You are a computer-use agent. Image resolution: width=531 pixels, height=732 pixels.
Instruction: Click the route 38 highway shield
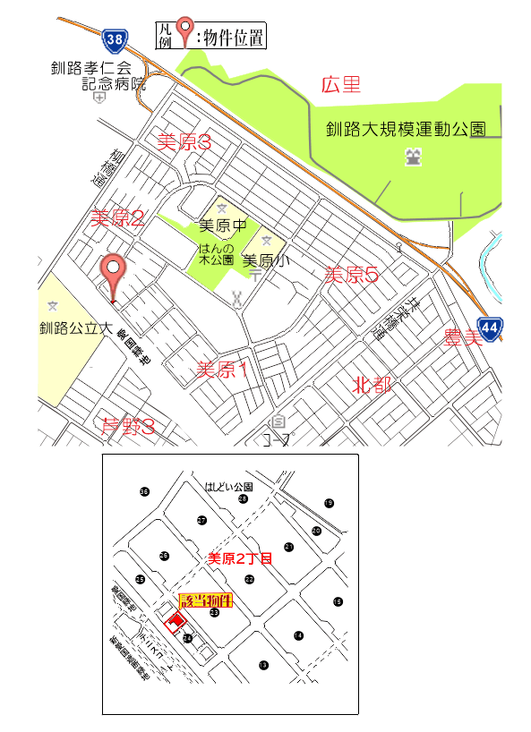coord(114,39)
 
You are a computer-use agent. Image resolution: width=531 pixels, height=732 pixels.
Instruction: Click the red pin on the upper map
coord(113,271)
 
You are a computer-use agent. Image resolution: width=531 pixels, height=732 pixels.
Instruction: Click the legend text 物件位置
coord(232,37)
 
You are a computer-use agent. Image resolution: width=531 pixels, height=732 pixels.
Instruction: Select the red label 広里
coord(340,86)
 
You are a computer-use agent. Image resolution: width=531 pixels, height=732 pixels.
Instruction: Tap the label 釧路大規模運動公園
coord(405,129)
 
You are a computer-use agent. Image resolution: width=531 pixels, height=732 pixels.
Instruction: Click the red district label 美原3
coord(184,141)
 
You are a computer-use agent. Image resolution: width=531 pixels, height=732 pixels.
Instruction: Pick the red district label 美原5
coord(351,275)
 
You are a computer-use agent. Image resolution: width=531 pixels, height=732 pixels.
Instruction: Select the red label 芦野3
coord(128,428)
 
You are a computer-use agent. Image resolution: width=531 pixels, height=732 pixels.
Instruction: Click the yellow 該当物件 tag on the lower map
coord(206,600)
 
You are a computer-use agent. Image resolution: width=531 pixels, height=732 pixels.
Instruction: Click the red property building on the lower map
coord(177,619)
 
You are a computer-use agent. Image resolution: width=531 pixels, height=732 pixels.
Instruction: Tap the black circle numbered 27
coord(202,521)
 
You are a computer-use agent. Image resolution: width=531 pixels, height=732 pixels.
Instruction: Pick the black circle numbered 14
coord(298,635)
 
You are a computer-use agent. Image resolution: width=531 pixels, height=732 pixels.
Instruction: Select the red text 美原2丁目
coord(239,558)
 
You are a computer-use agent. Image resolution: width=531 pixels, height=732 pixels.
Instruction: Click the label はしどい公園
coord(229,487)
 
